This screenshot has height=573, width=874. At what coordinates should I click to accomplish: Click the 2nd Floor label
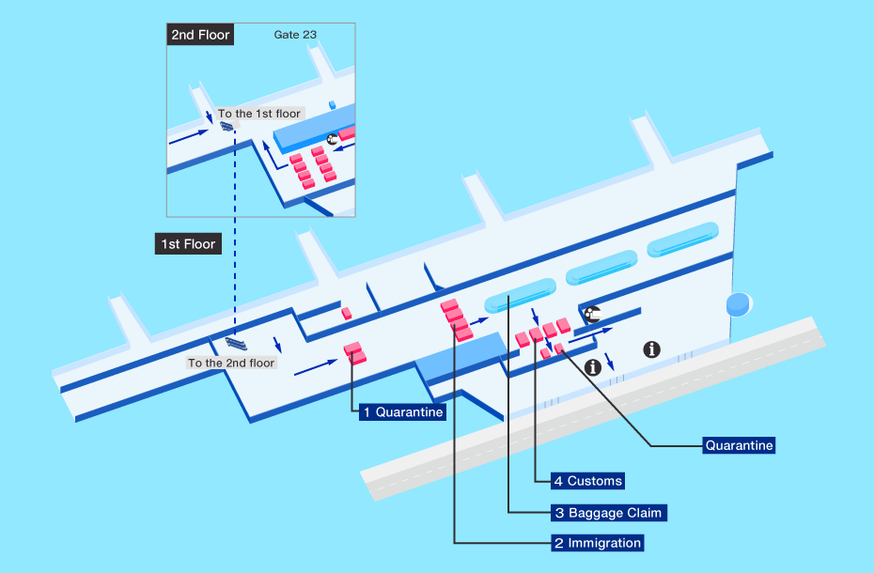200,35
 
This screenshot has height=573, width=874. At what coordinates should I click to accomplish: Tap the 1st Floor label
188,243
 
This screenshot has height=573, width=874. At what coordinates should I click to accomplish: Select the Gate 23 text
295,35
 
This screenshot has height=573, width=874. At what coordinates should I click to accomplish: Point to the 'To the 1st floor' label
259,114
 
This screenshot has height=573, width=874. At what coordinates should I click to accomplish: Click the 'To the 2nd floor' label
231,363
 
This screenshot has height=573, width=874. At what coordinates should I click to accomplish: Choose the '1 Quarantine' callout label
402,412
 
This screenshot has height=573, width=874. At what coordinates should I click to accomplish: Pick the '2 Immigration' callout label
598,543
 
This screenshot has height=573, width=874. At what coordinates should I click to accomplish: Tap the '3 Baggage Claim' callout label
609,513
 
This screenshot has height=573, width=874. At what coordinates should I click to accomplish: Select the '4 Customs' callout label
588,480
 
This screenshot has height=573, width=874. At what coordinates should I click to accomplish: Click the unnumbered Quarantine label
739,445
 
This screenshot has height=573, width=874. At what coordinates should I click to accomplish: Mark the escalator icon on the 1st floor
236,344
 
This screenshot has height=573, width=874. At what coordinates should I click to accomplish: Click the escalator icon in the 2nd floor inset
226,127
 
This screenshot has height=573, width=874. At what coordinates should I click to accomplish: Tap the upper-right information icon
651,349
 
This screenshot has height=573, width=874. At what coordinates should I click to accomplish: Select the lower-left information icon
592,367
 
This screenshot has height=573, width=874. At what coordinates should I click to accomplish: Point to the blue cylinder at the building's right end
739,304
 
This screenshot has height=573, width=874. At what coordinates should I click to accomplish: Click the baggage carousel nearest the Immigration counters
520,295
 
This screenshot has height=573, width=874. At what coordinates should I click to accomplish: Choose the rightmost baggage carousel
682,240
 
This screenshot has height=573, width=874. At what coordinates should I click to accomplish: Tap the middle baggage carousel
601,268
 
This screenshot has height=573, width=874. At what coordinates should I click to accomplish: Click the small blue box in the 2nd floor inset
332,105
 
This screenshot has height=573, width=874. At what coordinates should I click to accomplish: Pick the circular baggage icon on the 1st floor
592,315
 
